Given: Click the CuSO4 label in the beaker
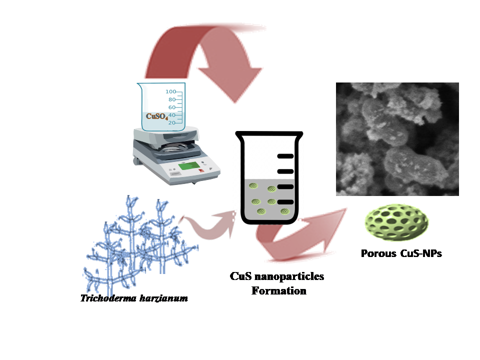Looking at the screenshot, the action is click(156, 116).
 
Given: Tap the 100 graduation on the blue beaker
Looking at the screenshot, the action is click(170, 91).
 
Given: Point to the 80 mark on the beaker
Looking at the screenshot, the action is click(171, 99).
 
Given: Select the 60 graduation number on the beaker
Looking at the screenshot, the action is click(171, 107).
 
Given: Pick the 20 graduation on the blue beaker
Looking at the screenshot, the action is click(171, 123).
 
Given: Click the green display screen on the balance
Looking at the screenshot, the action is click(189, 166).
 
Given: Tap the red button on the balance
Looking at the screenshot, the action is click(201, 170).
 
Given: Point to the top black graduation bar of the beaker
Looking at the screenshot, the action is click(285, 156).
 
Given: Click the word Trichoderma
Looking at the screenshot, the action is click(108, 298).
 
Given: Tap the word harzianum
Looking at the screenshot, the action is click(164, 298).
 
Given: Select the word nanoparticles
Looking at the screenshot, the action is click(289, 276).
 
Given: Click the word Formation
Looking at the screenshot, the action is click(279, 291).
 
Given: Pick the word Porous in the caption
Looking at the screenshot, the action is click(378, 253).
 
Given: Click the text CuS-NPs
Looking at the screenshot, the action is click(421, 253).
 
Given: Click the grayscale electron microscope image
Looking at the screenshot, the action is click(397, 139).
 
